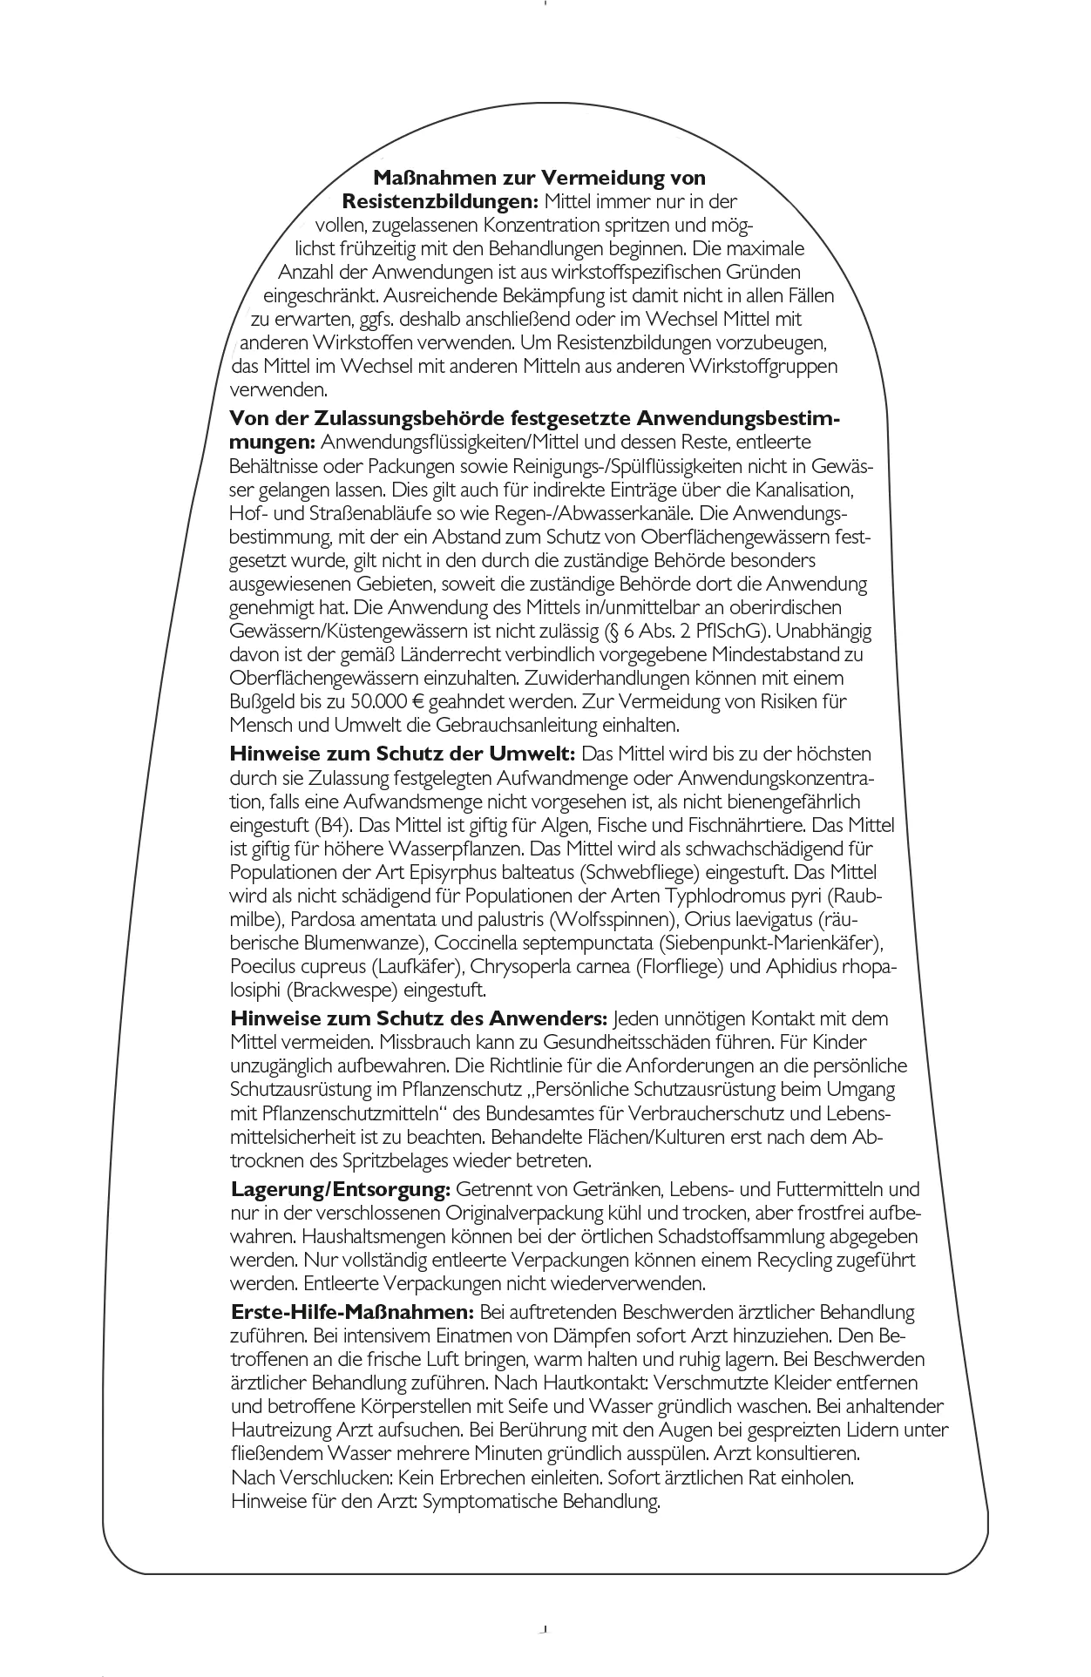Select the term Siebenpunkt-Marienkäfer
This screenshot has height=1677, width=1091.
769,943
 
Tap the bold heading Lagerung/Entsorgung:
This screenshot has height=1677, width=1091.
340,1189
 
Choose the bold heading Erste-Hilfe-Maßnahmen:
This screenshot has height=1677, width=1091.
352,1312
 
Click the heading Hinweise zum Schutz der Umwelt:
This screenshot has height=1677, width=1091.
402,754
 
